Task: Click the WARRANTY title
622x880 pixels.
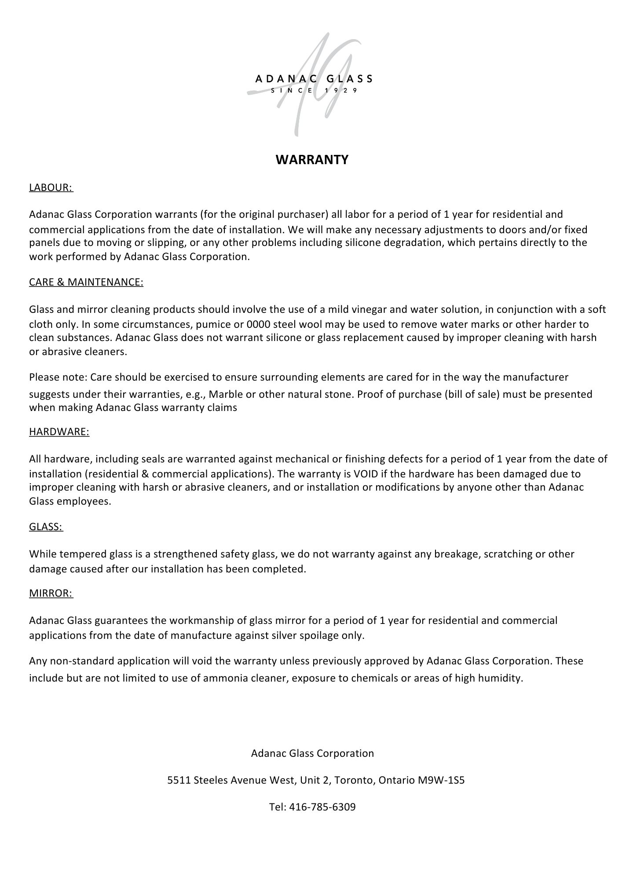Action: tap(312, 159)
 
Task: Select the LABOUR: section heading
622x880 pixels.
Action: tap(51, 187)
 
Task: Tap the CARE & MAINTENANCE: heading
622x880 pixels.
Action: tap(86, 282)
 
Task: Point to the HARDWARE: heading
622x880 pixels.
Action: tap(59, 432)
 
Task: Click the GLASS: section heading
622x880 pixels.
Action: tap(46, 527)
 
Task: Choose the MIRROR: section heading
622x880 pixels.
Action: tap(51, 593)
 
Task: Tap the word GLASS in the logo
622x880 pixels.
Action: tap(349, 79)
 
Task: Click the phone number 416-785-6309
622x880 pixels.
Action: tap(322, 807)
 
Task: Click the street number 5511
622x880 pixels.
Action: tap(179, 780)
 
